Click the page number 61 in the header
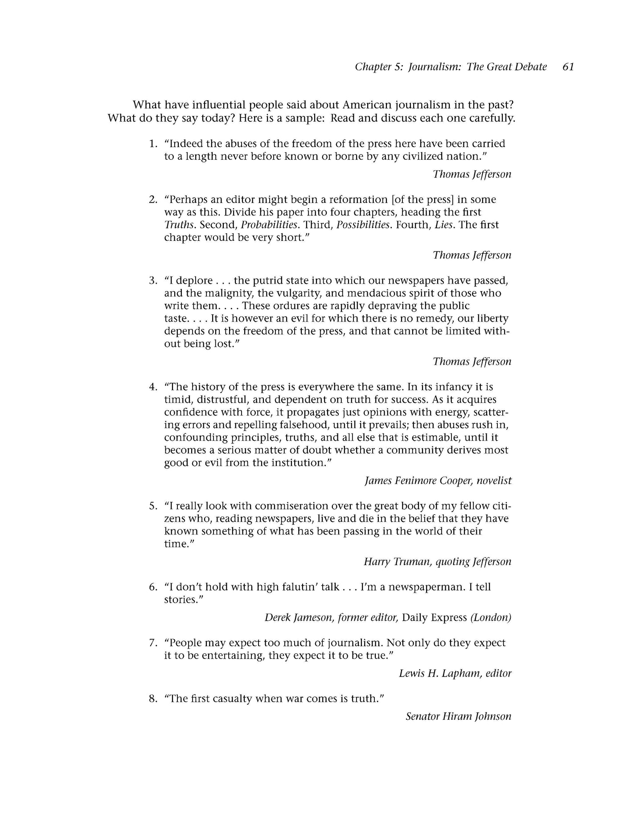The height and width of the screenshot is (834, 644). pos(568,67)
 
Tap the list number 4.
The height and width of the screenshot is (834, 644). pos(153,387)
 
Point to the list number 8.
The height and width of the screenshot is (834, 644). pos(153,698)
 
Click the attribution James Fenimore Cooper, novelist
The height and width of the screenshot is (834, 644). pos(438,480)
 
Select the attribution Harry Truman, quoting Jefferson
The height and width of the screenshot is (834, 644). pos(437,562)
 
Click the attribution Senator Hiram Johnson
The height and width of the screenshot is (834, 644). pos(458,716)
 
